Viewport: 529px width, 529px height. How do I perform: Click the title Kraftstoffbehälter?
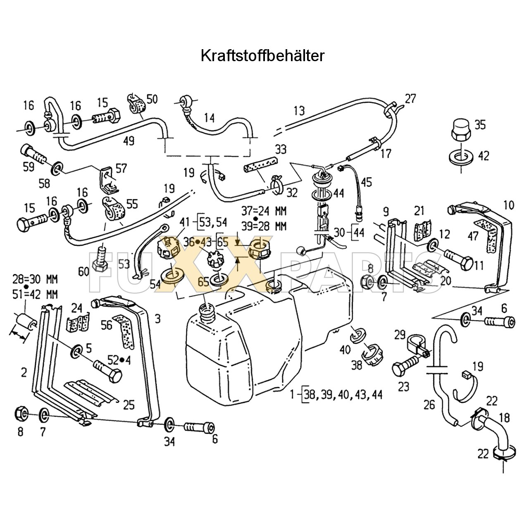pos(262,56)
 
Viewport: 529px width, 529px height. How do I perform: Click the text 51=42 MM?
pos(35,294)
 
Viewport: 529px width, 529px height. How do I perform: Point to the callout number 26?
pos(429,404)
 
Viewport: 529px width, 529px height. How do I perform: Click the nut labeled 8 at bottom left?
pos(21,413)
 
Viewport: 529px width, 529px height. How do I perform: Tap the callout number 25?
pos(129,404)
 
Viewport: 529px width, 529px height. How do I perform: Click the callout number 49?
pos(129,141)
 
